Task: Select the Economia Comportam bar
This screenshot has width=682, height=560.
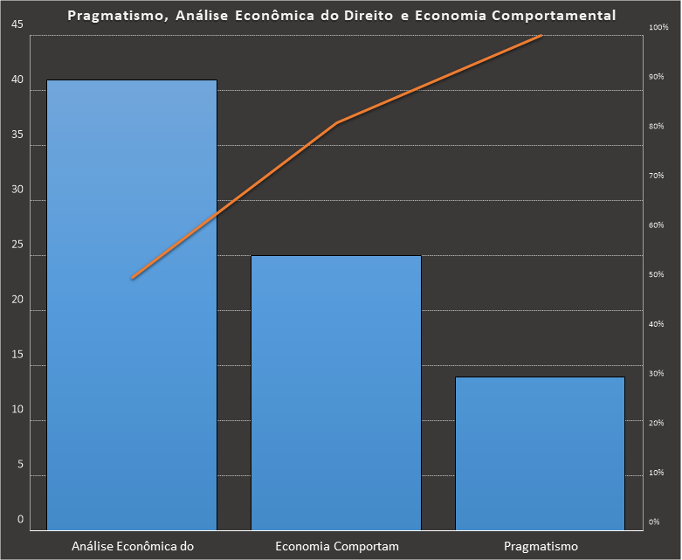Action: coord(336,392)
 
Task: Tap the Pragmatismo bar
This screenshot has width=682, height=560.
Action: coord(541,453)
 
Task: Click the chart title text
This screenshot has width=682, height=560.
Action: coord(341,16)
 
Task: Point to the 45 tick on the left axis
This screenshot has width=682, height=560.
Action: coord(17,24)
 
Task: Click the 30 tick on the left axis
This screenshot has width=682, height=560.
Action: coord(17,190)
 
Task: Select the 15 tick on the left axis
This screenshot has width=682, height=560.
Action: coord(17,355)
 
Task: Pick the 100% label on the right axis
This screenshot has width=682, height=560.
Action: coord(658,27)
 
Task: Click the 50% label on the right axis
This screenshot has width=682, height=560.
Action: coord(656,274)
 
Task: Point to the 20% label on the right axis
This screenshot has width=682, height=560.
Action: coord(656,423)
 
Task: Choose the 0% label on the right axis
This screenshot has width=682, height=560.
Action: coord(654,522)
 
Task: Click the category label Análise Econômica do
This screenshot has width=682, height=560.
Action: coord(131,547)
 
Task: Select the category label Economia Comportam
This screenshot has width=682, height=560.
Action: coord(336,547)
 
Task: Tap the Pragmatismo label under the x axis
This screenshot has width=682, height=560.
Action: coord(541,547)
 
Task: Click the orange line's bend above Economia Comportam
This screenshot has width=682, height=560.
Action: coord(336,123)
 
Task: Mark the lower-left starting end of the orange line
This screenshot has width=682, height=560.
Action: coord(132,279)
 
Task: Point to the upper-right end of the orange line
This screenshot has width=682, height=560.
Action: coord(541,35)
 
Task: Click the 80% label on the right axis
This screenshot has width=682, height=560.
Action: coord(656,126)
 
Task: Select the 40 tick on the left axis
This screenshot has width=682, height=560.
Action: coord(17,80)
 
